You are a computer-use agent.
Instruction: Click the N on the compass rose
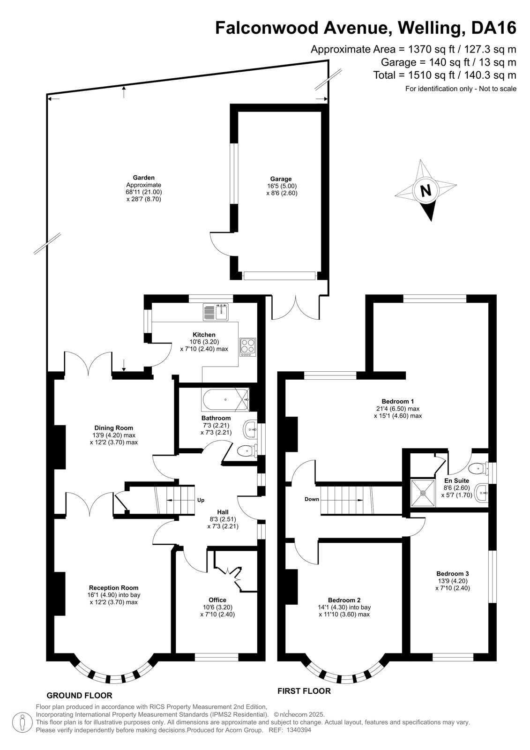(425, 191)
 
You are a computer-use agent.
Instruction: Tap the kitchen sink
(216, 312)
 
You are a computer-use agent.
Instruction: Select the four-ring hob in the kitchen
(248, 347)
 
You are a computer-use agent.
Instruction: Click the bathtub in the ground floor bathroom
(225, 399)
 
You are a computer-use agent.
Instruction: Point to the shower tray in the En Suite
(423, 493)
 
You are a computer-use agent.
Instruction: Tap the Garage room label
(281, 179)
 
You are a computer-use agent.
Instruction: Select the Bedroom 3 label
(453, 574)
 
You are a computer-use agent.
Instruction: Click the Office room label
(217, 600)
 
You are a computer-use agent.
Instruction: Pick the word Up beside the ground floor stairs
(201, 500)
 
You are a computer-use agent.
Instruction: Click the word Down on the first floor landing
(312, 499)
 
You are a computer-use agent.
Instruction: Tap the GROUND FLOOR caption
(79, 696)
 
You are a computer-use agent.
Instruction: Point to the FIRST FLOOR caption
(304, 691)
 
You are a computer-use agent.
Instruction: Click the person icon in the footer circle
(22, 723)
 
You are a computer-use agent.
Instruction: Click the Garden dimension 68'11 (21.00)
(144, 192)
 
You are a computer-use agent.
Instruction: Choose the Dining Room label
(113, 428)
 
